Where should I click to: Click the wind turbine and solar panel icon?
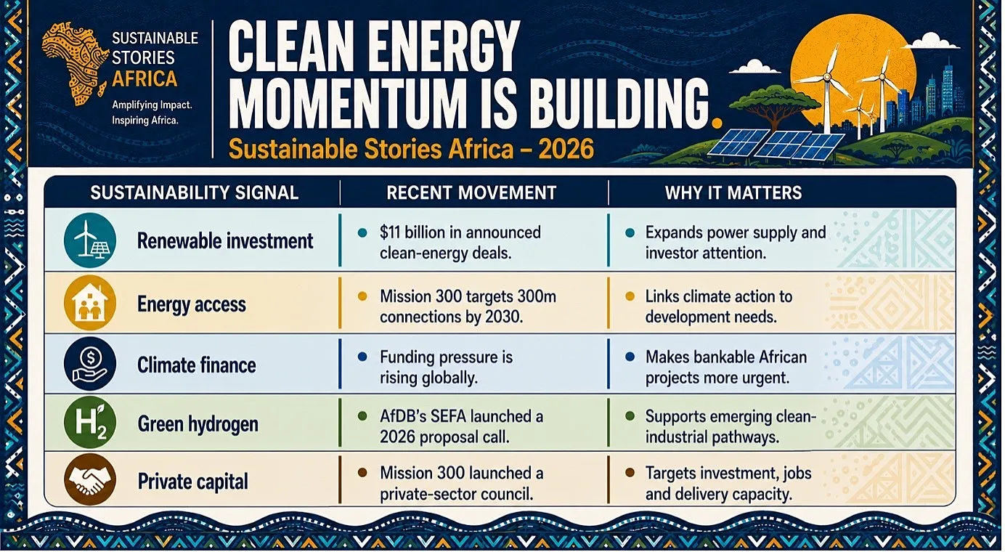coord(90,240)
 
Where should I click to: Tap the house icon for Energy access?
coord(90,304)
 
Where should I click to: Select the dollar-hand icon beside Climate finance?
coord(90,364)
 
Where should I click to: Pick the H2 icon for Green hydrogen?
coord(90,423)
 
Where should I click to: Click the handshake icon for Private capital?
coord(90,480)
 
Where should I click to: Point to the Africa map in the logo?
coord(75,65)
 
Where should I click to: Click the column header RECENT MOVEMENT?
coord(471,193)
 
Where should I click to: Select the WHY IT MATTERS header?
coord(733,193)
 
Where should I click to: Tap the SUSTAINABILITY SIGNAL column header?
coord(195,193)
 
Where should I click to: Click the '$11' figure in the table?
coord(390,232)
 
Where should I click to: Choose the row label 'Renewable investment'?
coord(225,241)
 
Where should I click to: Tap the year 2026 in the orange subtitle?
coord(566,150)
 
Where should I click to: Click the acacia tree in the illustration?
coord(775,104)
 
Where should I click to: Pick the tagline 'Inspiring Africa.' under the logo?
coord(145,121)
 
